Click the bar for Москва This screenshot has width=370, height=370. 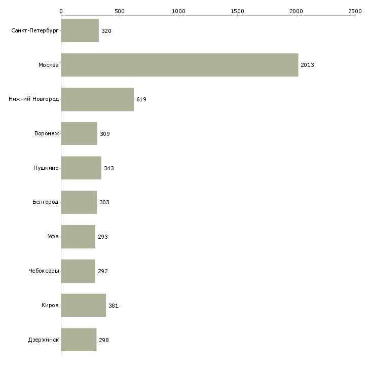point(179,65)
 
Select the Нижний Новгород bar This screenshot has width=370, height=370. point(97,99)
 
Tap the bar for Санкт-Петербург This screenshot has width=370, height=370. point(80,30)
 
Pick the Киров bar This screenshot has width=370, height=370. point(84,305)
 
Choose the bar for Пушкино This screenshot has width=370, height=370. point(81,168)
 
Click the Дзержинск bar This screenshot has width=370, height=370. point(79,340)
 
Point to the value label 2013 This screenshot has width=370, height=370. point(307,65)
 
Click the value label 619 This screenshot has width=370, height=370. point(141,99)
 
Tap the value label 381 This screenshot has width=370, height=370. point(113,306)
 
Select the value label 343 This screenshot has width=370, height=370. point(109,168)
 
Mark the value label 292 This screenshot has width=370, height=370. point(103,271)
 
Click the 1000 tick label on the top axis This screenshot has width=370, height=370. point(178,11)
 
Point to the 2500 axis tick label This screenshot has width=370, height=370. point(355,11)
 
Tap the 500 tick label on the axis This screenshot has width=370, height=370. point(120,11)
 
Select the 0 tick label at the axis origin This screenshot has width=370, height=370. point(61,11)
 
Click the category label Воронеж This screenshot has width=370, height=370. point(47,133)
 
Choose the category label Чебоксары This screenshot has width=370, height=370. point(44,271)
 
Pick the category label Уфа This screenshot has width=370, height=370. point(53,236)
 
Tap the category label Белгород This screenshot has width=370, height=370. point(46,202)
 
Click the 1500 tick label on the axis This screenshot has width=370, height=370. point(237,11)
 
